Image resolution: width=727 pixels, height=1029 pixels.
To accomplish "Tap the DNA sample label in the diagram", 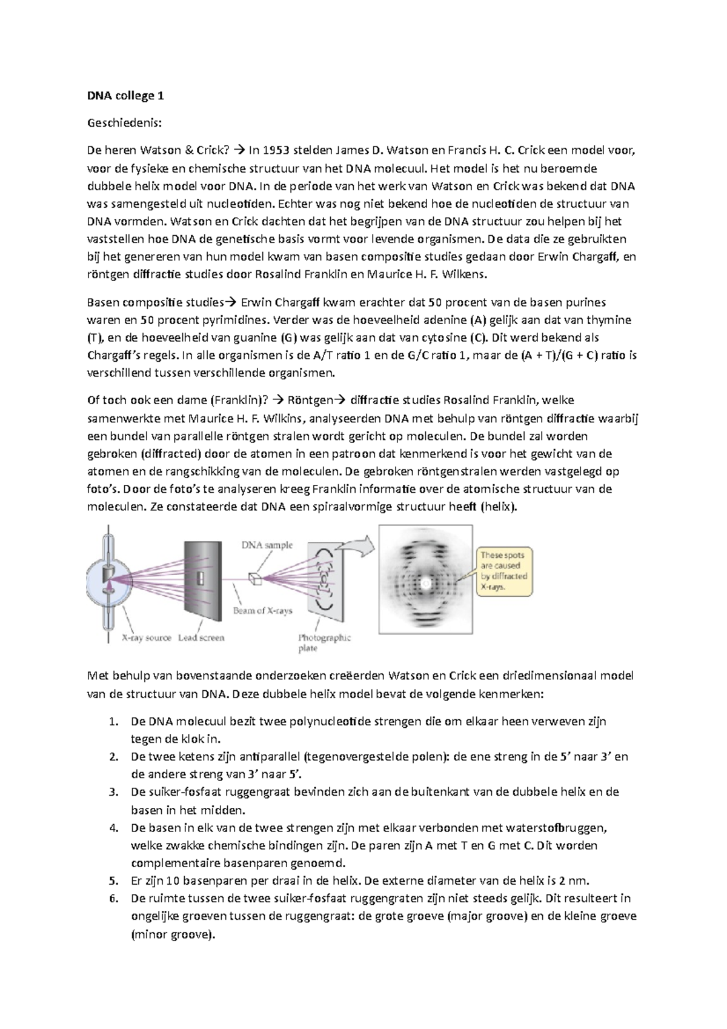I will coord(267,545).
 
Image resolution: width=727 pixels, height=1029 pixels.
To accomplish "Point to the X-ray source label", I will coord(147,638).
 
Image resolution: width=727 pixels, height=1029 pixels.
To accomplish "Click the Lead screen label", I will coord(201,638).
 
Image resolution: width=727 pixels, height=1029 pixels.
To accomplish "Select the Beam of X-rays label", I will coord(262,610).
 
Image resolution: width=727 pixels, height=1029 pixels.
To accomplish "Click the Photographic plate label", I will coord(324,642).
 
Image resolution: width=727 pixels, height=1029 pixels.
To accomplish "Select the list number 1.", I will coord(112,722).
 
